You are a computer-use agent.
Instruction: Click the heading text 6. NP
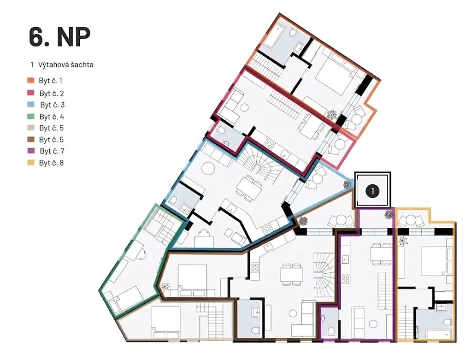(x=59, y=37)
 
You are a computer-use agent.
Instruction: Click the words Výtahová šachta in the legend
(x=65, y=65)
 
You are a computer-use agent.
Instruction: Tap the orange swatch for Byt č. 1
(x=31, y=80)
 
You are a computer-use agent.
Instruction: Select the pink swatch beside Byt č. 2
(x=31, y=93)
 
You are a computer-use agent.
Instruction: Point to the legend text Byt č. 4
(x=52, y=117)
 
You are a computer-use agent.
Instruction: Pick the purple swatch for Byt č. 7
(x=31, y=151)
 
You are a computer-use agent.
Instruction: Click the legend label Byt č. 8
(x=52, y=163)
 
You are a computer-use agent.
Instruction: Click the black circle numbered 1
(x=372, y=191)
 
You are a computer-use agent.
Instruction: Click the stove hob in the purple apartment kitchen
(x=345, y=279)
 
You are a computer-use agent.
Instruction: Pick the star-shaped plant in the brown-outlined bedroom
(x=165, y=287)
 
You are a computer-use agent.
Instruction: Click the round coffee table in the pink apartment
(x=244, y=107)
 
